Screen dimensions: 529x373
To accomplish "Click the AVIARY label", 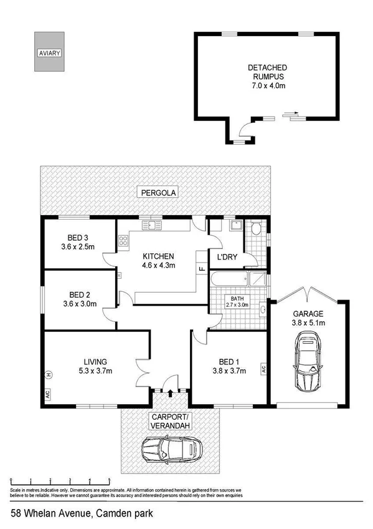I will coord(49,53).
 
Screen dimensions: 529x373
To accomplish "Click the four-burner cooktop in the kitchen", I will coord(123,239).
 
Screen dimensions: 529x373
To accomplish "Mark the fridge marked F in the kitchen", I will coord(201,269).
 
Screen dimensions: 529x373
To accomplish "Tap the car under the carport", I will coord(171,448).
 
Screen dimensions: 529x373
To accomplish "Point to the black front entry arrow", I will coord(171,392).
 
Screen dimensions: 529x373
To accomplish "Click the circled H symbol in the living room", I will coord(47,374).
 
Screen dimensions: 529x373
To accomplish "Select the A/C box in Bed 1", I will coord(264,369).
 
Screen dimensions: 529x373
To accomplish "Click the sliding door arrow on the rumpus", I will coord(291,114).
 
